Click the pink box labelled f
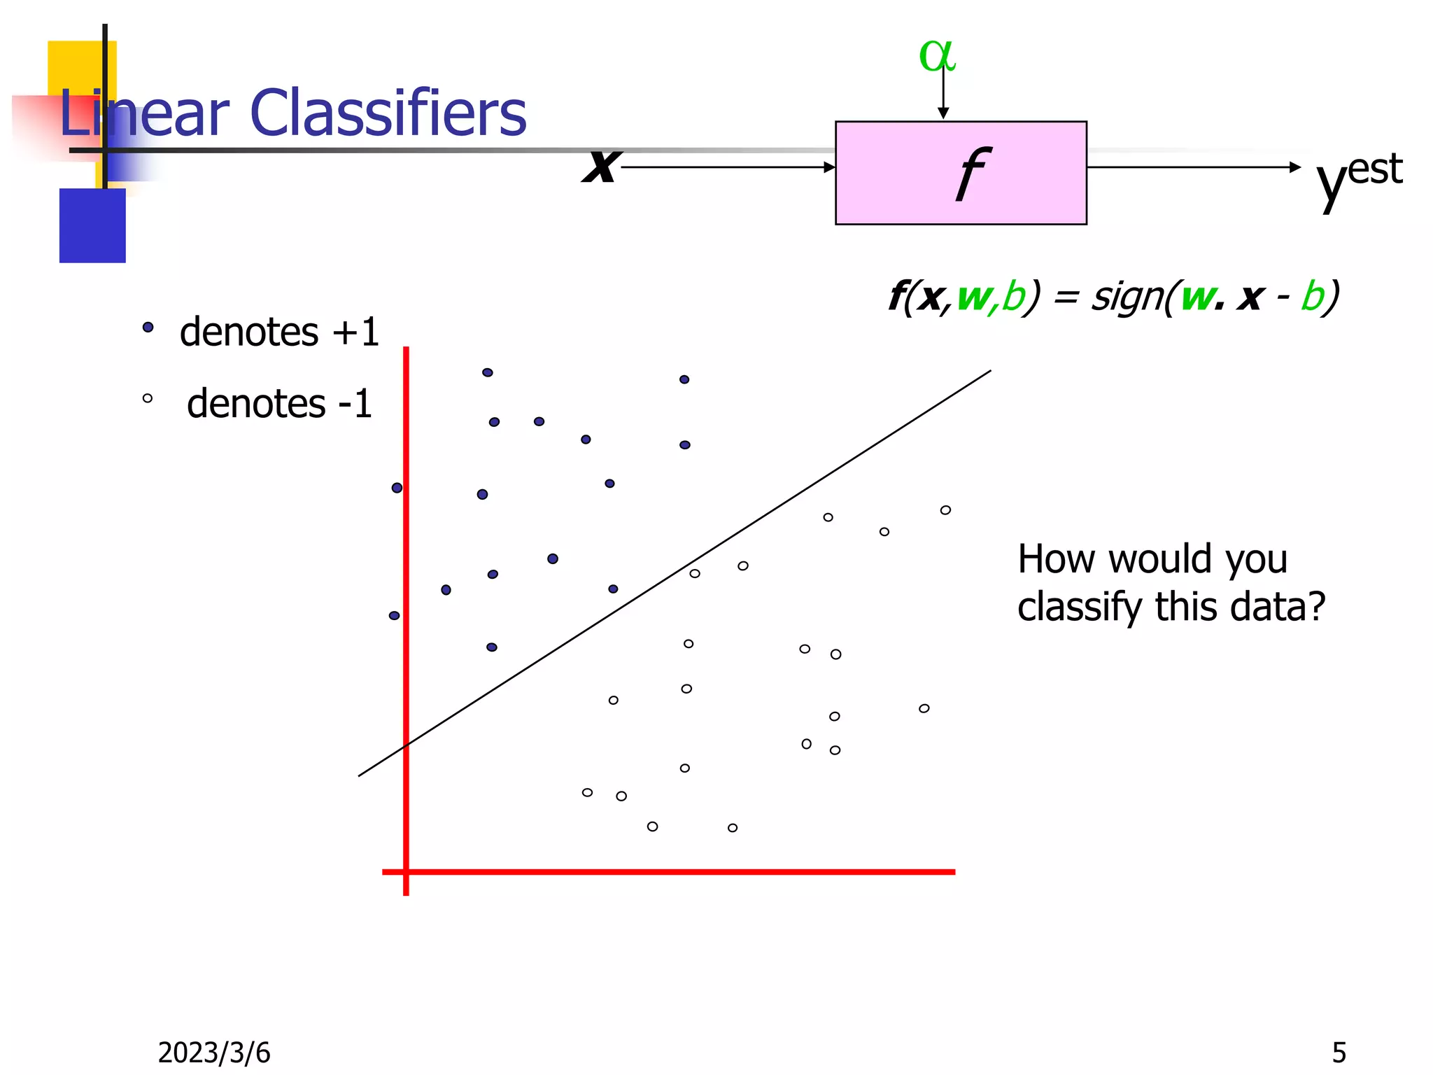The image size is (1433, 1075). click(x=960, y=173)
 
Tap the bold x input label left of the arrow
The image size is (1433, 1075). click(x=601, y=167)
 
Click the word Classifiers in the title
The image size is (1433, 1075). click(x=388, y=113)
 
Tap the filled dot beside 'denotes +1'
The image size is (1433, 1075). click(x=148, y=327)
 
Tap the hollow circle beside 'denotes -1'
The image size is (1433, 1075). click(x=147, y=398)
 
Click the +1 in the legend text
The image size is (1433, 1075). click(x=355, y=332)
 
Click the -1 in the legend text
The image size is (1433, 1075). click(x=354, y=404)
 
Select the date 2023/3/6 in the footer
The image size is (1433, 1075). click(x=213, y=1053)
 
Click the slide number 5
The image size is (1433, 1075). click(x=1339, y=1053)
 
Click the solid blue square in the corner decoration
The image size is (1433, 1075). click(x=92, y=225)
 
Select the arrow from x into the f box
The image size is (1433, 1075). click(x=728, y=167)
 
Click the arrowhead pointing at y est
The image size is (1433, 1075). click(x=1294, y=167)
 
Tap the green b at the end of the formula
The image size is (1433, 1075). click(x=1313, y=296)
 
